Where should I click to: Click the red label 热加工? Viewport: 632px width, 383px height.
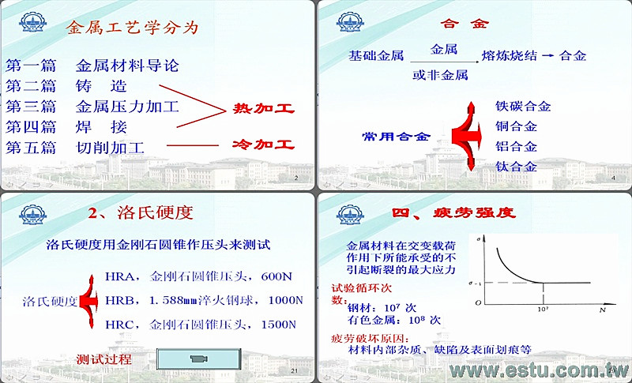click(264, 108)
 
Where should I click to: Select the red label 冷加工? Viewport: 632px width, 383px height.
click(263, 145)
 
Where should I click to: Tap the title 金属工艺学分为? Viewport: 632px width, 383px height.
click(132, 28)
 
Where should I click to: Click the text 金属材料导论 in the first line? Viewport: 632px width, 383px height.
click(127, 66)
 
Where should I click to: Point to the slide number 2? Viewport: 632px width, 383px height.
click(296, 178)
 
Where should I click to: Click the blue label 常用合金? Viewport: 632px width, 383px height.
click(397, 136)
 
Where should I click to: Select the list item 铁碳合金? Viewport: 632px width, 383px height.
click(523, 107)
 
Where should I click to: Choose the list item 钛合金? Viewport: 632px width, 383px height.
click(516, 167)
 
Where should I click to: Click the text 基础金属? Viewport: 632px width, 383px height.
click(376, 55)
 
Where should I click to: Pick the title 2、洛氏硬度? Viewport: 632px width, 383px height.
click(141, 213)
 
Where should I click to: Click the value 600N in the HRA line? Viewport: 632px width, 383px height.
click(276, 276)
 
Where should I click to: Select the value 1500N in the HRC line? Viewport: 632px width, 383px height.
click(279, 325)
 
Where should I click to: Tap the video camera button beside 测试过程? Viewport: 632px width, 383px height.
click(199, 359)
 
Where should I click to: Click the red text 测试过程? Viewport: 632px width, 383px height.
click(104, 359)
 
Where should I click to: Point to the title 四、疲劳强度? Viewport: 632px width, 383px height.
click(453, 212)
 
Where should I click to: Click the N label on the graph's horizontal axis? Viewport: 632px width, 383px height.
click(603, 310)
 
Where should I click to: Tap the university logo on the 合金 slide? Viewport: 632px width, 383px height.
click(350, 22)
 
